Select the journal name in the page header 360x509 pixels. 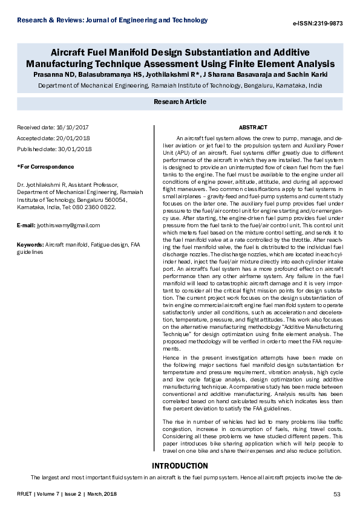pos(113,20)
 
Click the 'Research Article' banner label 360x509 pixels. pos(180,102)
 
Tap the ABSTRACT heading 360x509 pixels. pos(252,128)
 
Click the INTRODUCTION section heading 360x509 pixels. pos(180,466)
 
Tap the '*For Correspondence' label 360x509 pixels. pos(45,166)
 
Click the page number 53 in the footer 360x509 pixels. pos(338,495)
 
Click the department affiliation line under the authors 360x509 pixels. pos(180,86)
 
